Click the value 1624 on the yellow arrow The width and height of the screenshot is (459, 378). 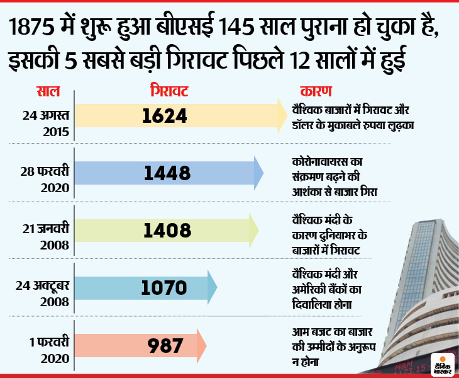click(165, 115)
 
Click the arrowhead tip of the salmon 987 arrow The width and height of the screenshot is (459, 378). click(206, 345)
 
